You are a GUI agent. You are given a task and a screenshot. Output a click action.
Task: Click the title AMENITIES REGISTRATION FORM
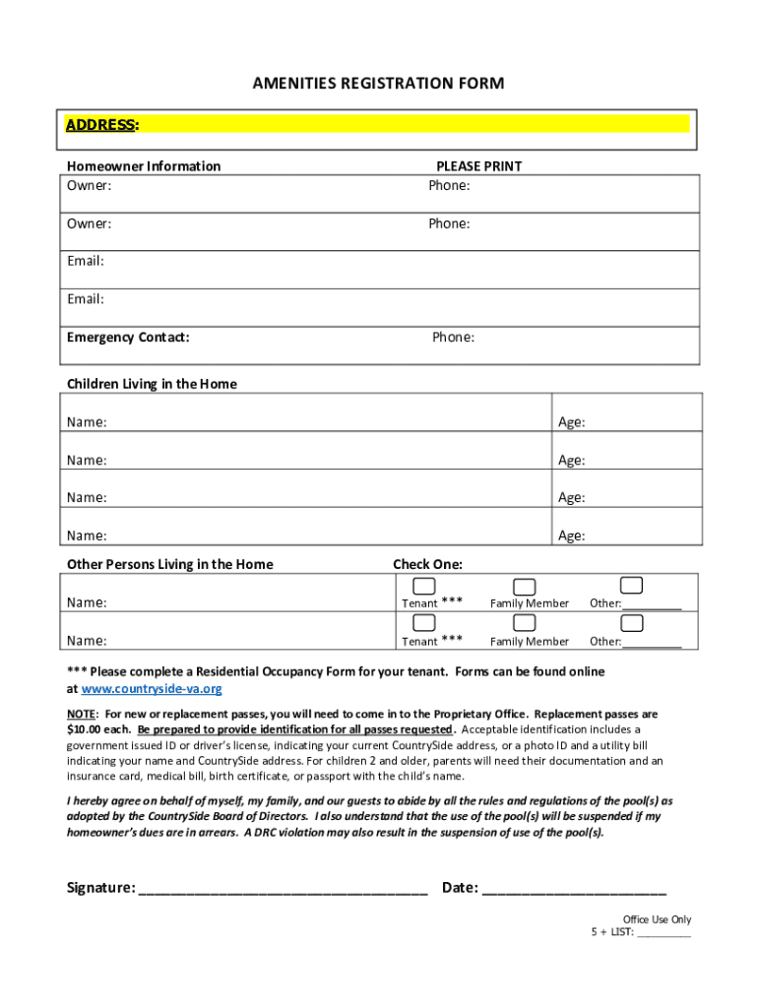(x=378, y=84)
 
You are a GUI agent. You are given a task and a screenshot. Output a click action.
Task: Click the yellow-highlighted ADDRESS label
(x=101, y=125)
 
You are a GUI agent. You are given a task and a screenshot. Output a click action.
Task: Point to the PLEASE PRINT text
(x=478, y=166)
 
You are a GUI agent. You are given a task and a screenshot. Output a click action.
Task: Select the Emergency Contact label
(x=128, y=338)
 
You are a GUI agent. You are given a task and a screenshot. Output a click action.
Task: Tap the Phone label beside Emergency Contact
(x=453, y=338)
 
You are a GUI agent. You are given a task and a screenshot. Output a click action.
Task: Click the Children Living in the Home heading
(x=152, y=384)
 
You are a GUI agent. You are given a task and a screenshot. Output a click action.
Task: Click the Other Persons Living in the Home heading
(x=169, y=564)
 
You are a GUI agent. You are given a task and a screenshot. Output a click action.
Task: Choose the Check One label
(x=427, y=564)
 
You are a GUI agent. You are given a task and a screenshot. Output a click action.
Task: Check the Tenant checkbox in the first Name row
(x=424, y=587)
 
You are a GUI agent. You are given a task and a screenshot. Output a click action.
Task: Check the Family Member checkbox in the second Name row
(x=525, y=623)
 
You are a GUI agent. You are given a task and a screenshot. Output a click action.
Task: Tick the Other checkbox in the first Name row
(x=632, y=587)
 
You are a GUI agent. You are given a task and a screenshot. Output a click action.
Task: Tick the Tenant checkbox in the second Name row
(x=424, y=623)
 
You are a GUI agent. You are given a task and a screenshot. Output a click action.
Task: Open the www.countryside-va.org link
(x=152, y=689)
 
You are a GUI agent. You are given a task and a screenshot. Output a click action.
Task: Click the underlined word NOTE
(x=81, y=714)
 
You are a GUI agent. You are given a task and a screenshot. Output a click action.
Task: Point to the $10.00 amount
(x=88, y=729)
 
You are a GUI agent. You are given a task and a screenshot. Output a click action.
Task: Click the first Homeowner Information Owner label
(x=89, y=185)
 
